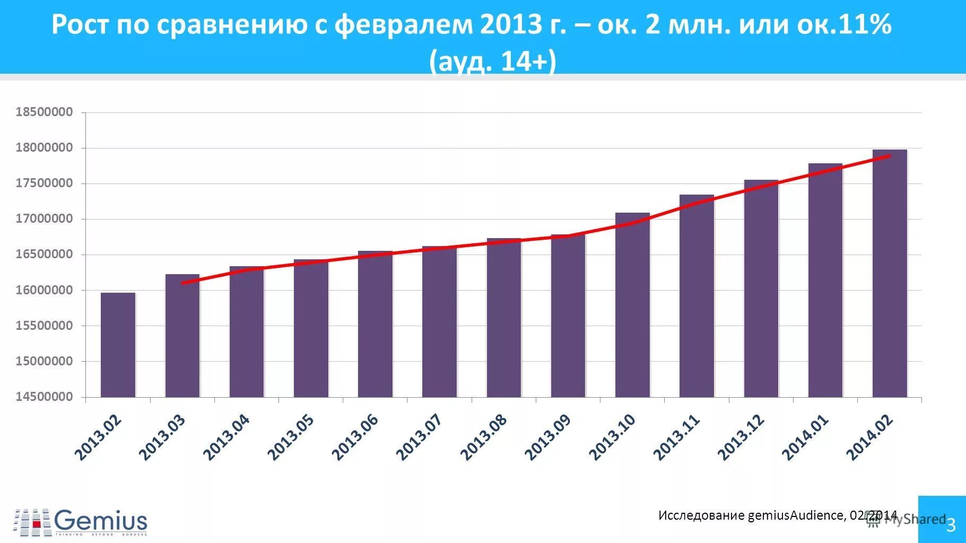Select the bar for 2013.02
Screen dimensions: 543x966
coord(118,345)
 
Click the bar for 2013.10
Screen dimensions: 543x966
coord(632,305)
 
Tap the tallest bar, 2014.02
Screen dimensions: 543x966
coord(890,273)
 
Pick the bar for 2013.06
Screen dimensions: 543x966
coord(375,323)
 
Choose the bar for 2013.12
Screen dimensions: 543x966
coord(761,288)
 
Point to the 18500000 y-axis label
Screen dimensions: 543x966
coord(44,112)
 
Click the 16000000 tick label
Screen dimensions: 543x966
coord(44,290)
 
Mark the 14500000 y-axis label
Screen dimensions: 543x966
coord(44,397)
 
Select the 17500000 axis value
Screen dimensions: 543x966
coord(44,183)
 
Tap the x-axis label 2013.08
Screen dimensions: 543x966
coord(484,437)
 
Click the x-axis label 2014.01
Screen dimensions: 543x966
coord(805,437)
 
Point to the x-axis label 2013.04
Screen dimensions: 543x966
coord(227,437)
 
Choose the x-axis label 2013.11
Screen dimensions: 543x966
coord(677,437)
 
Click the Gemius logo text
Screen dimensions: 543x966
coord(100,520)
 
